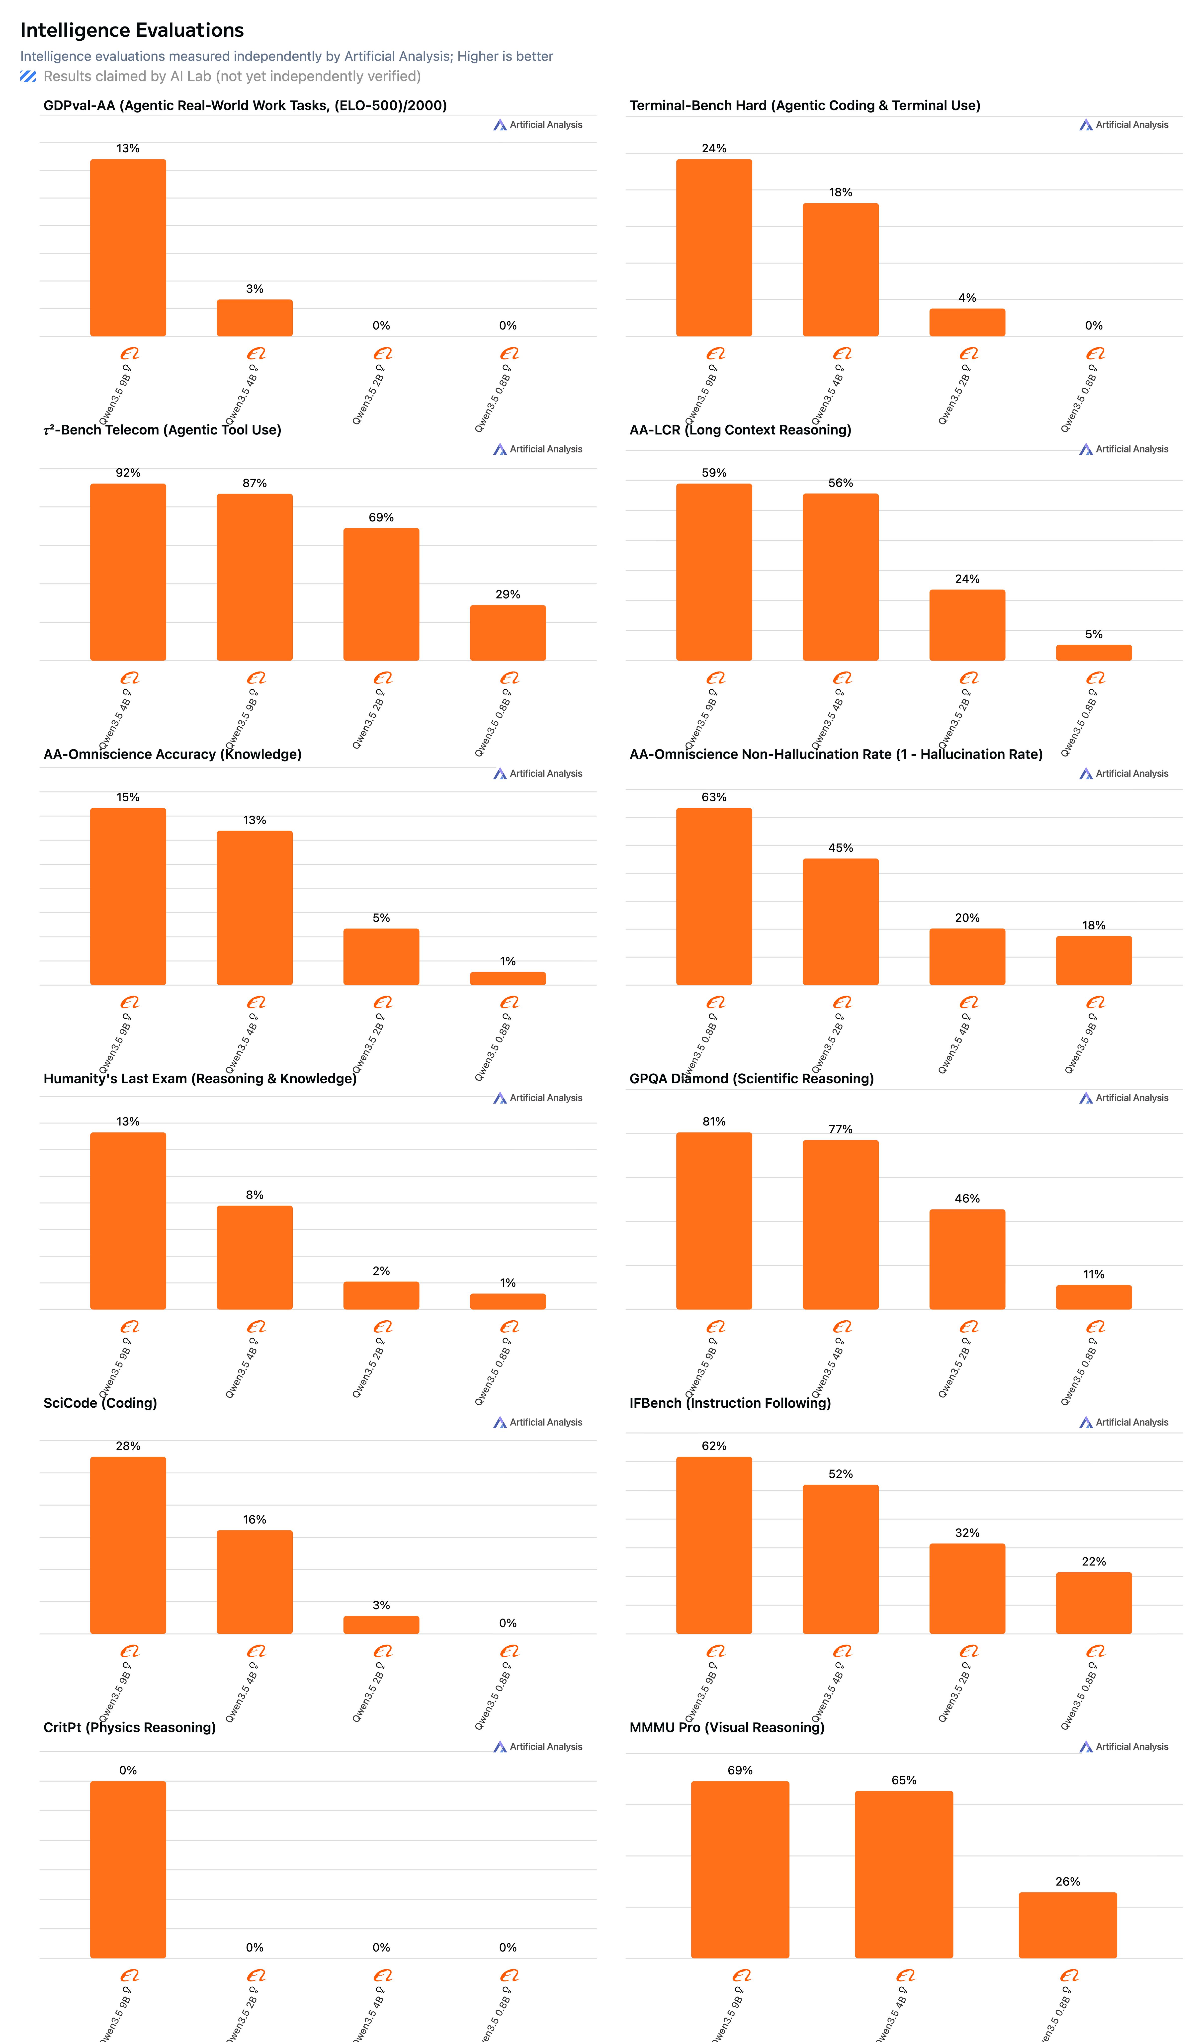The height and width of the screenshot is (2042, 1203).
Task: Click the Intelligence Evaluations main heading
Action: coord(132,30)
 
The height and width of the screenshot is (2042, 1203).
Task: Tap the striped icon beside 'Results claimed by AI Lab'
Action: coord(28,76)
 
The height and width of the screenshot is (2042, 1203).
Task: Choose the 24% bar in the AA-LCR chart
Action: coord(967,625)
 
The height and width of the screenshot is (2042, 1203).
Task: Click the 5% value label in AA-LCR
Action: coord(1094,634)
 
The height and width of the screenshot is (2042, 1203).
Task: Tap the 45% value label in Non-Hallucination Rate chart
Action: coord(841,848)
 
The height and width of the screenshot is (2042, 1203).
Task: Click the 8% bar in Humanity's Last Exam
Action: coord(255,1257)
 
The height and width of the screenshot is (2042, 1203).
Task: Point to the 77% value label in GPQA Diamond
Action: coord(841,1129)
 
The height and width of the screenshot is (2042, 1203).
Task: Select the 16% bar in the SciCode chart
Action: coord(255,1582)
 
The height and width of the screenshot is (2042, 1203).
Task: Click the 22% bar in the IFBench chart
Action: coord(1094,1603)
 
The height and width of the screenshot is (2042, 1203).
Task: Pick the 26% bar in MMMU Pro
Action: coord(1068,1925)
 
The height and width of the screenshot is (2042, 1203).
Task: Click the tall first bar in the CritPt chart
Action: coord(128,1869)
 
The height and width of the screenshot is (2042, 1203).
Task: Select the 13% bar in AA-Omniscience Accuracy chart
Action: coord(255,908)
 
